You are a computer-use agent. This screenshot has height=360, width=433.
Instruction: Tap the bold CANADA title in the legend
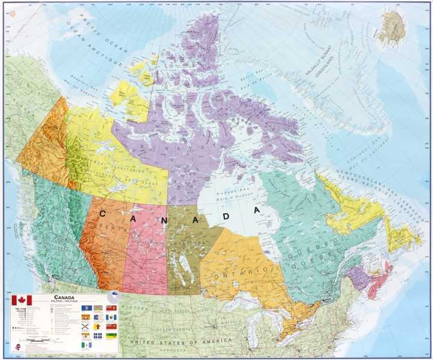tap(64, 297)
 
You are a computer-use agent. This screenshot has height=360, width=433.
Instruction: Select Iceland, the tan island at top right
tap(393, 28)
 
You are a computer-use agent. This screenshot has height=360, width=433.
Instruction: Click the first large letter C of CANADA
tap(103, 213)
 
